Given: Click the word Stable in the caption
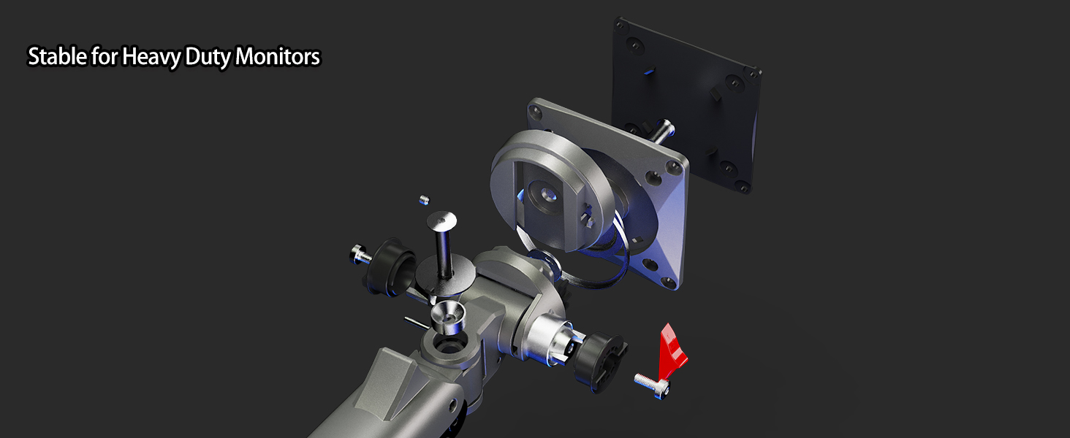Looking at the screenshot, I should [58, 57].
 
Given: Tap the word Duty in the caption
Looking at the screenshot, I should [208, 57].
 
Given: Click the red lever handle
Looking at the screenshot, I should [673, 348].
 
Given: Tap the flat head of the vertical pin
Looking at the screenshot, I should [441, 219].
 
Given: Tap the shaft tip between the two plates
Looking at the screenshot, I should [666, 131].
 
